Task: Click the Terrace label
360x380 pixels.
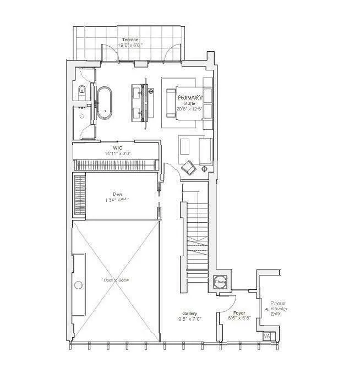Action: pyautogui.click(x=130, y=40)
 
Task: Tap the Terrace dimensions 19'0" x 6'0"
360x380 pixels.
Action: pyautogui.click(x=130, y=46)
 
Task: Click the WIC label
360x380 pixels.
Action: pyautogui.click(x=117, y=148)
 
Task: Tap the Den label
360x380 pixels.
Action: pyautogui.click(x=117, y=194)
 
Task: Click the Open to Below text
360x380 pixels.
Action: pyautogui.click(x=116, y=280)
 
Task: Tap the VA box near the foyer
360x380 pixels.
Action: pyautogui.click(x=267, y=335)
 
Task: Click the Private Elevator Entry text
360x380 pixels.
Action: pyautogui.click(x=279, y=311)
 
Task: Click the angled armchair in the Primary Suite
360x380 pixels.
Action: pyautogui.click(x=189, y=167)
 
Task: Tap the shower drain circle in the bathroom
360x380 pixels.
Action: pyautogui.click(x=83, y=117)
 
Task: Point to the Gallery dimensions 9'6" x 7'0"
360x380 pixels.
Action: pyautogui.click(x=190, y=318)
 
